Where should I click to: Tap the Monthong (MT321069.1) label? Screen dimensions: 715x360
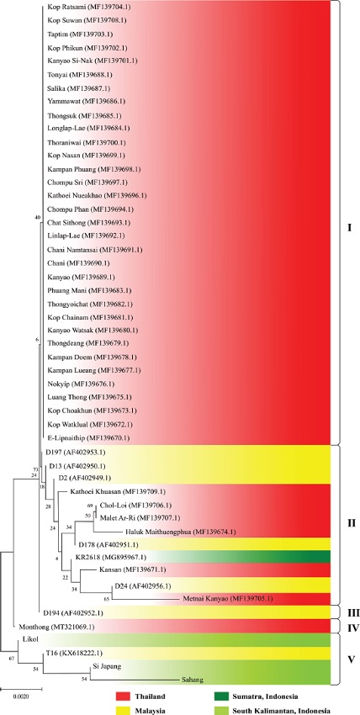[58, 603]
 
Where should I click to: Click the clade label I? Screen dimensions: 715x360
[347, 226]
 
